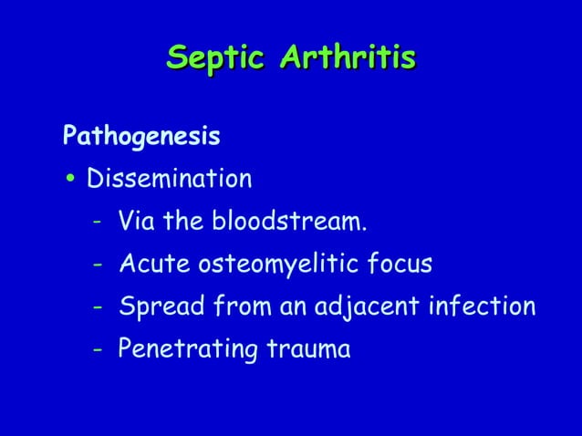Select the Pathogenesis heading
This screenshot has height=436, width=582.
tap(141, 138)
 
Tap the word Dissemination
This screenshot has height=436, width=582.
tap(169, 179)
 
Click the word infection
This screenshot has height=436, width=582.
tap(483, 307)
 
